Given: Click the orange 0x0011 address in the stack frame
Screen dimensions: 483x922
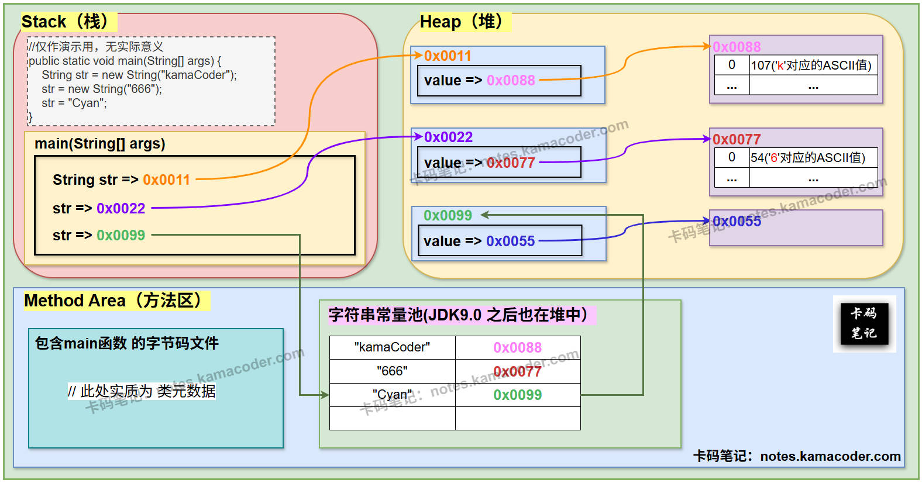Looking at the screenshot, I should point(166,180).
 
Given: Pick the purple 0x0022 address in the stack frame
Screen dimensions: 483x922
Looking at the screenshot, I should point(121,209).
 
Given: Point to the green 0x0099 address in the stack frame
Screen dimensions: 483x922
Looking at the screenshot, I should point(121,236).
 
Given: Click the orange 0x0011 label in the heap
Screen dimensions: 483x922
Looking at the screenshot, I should point(448,56).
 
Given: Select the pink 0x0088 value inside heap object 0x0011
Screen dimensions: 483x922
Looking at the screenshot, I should point(511,81).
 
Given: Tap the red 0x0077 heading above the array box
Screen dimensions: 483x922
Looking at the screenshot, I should point(737,139).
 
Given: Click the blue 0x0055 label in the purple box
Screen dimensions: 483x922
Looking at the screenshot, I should point(737,222).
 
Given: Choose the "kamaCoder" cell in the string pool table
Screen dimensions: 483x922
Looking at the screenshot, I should point(392,347).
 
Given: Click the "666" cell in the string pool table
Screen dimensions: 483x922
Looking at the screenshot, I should point(392,371).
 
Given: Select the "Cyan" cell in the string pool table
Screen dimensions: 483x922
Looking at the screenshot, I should point(392,395).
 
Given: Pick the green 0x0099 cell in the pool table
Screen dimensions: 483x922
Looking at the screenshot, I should point(518,395).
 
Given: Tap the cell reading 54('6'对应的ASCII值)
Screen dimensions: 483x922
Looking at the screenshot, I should point(808,158).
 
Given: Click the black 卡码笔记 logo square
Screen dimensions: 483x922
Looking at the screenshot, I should point(864,323).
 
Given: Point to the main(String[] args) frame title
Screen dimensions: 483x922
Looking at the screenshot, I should point(100,144).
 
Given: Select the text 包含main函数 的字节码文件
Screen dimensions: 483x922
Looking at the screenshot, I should point(126,343).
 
